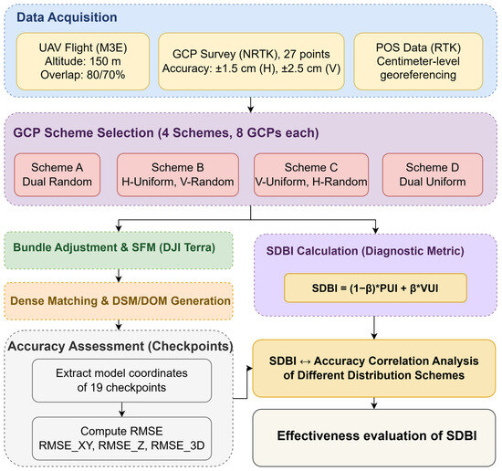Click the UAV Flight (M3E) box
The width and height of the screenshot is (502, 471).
click(x=83, y=61)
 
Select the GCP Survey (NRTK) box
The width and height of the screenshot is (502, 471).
click(x=251, y=61)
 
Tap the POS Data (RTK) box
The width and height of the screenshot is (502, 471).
click(x=418, y=61)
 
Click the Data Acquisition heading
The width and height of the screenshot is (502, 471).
click(x=67, y=17)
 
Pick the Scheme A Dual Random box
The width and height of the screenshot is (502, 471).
click(x=58, y=175)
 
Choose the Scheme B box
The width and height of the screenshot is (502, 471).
click(x=178, y=175)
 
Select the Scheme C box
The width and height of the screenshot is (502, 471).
click(x=311, y=175)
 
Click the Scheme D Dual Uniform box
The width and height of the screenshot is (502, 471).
click(x=433, y=175)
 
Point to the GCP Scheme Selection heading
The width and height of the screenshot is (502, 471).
click(x=166, y=133)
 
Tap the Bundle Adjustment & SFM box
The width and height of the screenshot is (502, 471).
click(x=119, y=250)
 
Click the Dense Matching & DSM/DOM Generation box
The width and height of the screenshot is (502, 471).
click(x=119, y=301)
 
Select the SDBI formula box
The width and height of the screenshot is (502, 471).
click(x=375, y=288)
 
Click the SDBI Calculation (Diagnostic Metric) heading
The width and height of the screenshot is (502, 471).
click(x=365, y=251)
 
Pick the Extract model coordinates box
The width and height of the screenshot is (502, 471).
click(x=121, y=381)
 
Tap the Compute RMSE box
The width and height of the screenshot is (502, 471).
click(x=121, y=438)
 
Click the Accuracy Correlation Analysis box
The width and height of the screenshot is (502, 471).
click(x=374, y=368)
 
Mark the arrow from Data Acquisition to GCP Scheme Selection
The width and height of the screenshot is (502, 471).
click(x=251, y=105)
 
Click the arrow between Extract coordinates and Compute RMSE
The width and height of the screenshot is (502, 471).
click(x=121, y=410)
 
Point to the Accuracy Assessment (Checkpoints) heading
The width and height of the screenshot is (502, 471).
click(x=120, y=347)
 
